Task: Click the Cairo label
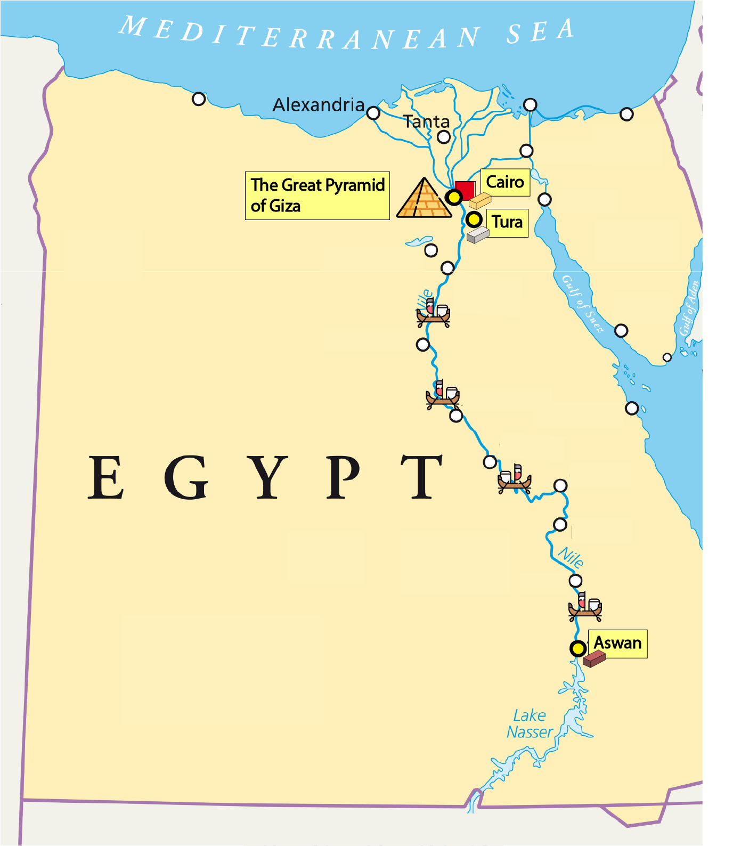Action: coord(505,182)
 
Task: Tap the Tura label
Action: coord(507,222)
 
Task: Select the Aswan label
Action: coord(617,643)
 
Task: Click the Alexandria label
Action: coord(319,105)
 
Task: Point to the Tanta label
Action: coord(427,122)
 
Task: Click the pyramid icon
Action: coord(424,198)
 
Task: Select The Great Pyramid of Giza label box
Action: coord(317,196)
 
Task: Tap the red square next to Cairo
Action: coord(466,190)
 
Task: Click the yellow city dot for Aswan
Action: coord(578,649)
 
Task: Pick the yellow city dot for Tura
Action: coord(474,219)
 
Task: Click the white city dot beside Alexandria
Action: coord(373,113)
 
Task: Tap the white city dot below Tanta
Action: coord(444,137)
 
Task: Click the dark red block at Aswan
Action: coord(594,659)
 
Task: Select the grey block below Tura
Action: coord(478,235)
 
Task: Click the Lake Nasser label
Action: coord(530,723)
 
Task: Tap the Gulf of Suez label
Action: coord(583,304)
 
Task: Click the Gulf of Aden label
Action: coord(689,309)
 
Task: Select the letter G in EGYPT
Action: coord(186,477)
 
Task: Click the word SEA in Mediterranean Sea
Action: coord(540,32)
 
